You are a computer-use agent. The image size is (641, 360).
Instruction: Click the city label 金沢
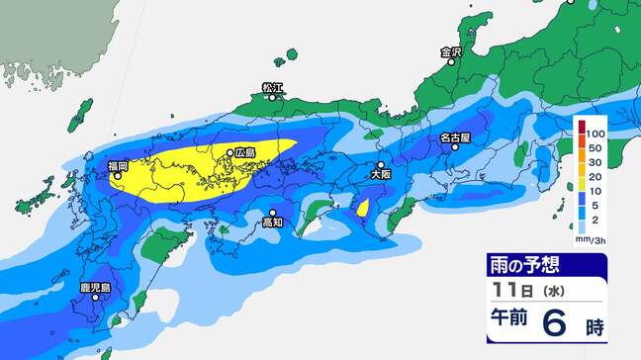(450, 51)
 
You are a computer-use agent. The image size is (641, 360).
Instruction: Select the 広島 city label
(245, 153)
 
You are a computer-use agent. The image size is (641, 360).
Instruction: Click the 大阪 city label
(380, 174)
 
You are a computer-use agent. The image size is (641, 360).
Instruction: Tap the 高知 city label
(273, 224)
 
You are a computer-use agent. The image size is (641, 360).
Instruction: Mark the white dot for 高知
(273, 212)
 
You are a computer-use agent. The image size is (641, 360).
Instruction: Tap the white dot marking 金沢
(450, 62)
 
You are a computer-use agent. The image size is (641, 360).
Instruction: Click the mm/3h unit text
(592, 237)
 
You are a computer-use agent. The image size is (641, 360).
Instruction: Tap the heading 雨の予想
(520, 265)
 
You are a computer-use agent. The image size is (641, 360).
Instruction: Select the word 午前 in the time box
(507, 323)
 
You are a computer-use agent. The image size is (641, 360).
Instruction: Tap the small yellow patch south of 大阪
(362, 208)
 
